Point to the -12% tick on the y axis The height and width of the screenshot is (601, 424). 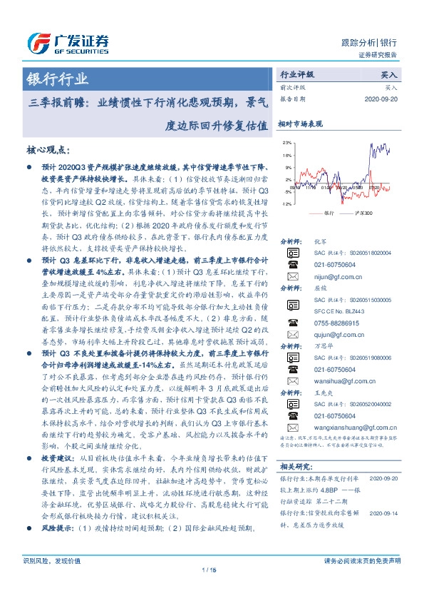[x=286, y=204]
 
